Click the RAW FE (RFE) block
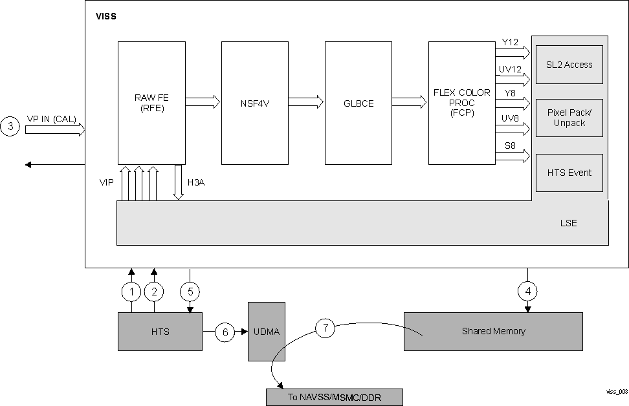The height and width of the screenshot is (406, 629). (x=151, y=103)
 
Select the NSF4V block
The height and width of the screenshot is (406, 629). (x=255, y=103)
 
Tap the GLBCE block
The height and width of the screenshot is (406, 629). (x=359, y=103)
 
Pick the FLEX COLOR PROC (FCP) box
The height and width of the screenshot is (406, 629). (x=462, y=103)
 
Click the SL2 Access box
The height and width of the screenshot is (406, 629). (x=569, y=65)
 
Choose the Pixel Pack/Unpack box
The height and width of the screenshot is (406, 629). (x=569, y=118)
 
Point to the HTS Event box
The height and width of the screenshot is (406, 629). (x=569, y=173)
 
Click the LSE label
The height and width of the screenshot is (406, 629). (x=568, y=224)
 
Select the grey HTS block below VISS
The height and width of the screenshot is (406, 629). (x=160, y=332)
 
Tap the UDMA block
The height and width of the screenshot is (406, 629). (x=267, y=332)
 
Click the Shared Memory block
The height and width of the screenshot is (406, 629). (x=493, y=332)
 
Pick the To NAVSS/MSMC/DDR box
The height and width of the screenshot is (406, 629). (x=334, y=397)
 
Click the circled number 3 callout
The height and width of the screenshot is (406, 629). (x=10, y=127)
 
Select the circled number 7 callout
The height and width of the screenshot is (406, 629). (x=326, y=328)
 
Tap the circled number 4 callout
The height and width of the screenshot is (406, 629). (x=528, y=292)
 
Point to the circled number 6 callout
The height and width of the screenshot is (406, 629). (x=225, y=332)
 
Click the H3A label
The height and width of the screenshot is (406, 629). (x=195, y=183)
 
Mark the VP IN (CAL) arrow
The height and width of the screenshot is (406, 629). (x=55, y=130)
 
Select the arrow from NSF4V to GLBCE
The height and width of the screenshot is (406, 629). (x=305, y=101)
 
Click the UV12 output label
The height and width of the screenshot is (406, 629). (x=511, y=68)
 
